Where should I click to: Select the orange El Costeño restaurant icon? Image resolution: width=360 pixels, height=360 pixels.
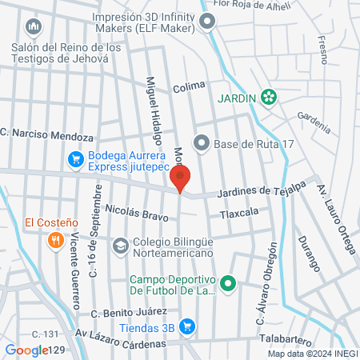(x=55, y=238)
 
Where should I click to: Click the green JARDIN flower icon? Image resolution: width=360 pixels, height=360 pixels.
(x=270, y=98)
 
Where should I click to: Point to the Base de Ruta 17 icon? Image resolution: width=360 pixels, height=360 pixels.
(x=201, y=144)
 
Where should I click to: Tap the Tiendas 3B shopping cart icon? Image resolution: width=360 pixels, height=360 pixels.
(x=187, y=326)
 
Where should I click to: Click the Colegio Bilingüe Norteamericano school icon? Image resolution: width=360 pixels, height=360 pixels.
(x=121, y=245)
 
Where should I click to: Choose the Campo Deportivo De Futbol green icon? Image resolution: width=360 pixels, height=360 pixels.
(x=228, y=283)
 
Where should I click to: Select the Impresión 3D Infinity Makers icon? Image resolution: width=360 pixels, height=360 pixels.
(x=208, y=22)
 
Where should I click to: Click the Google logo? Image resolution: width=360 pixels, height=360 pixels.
(x=26, y=350)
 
